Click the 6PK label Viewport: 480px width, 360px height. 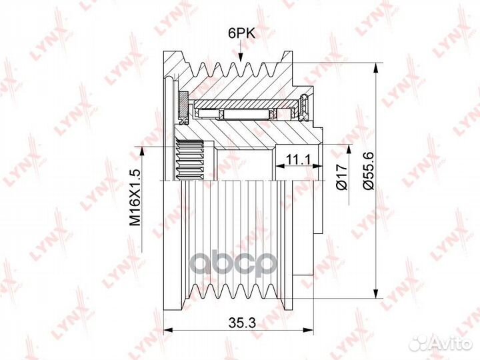(x=241, y=33)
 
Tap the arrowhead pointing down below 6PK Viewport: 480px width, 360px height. (x=241, y=57)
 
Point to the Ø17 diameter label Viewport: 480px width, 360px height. (x=341, y=177)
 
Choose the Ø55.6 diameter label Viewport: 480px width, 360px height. (x=369, y=172)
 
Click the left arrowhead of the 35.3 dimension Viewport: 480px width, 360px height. (x=169, y=330)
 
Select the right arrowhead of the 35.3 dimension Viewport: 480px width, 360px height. (x=308, y=330)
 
